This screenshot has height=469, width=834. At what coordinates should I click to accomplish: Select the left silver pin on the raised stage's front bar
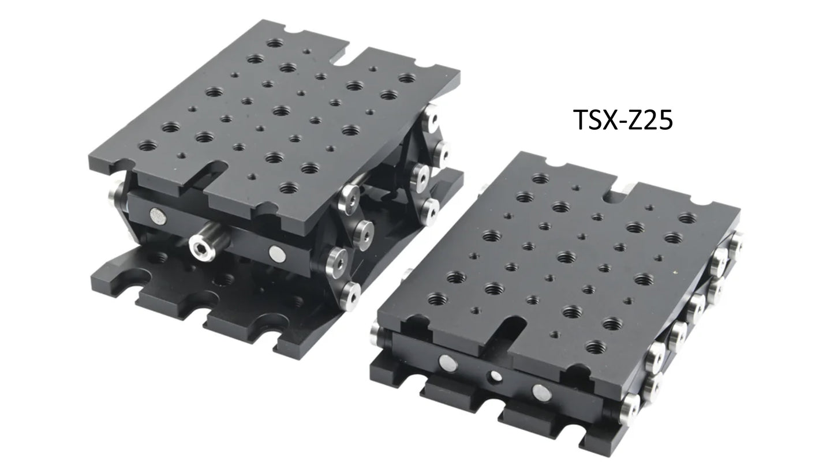(158, 216)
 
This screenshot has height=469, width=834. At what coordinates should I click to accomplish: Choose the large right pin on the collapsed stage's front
(541, 392)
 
